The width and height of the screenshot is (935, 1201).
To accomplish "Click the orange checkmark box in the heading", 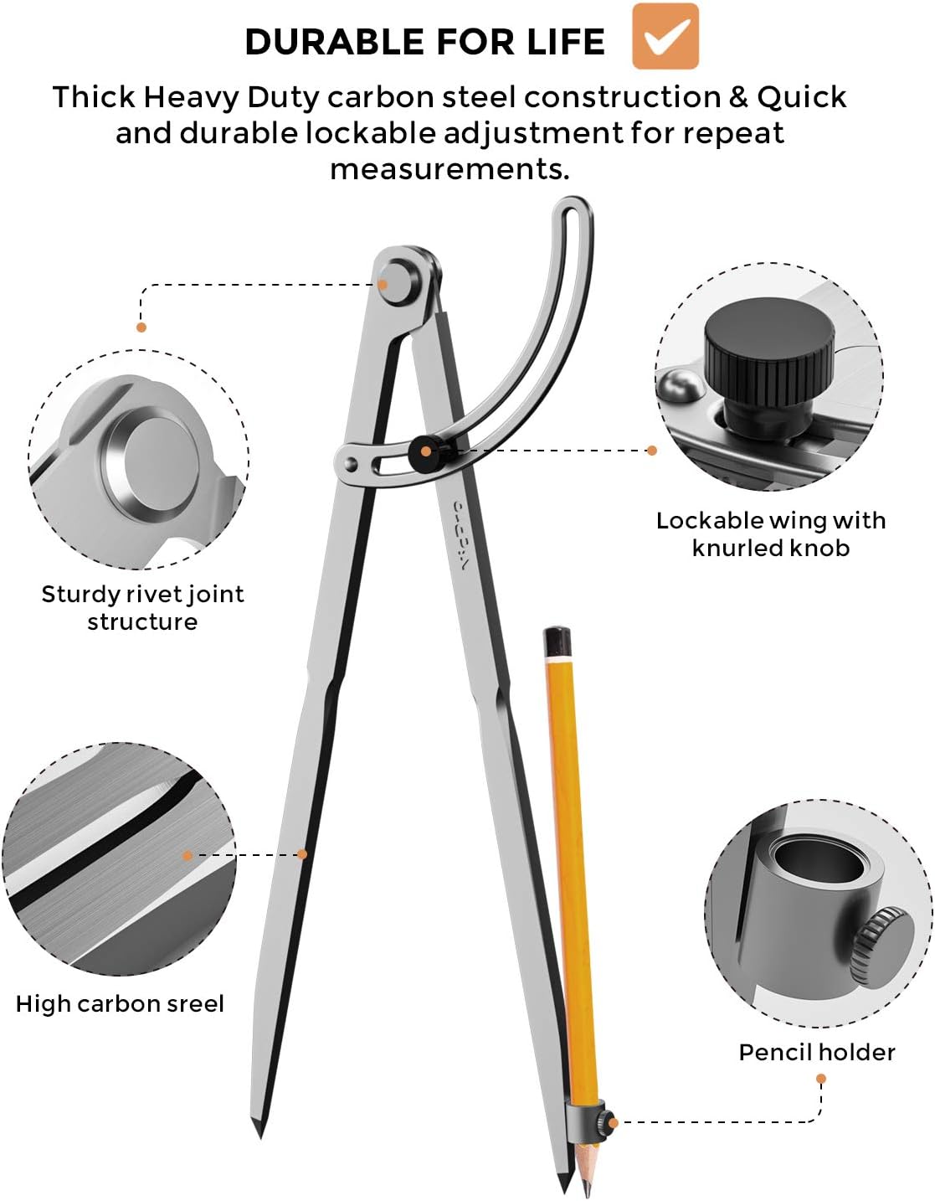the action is tap(665, 36).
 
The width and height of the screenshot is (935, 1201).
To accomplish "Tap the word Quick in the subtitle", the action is tap(802, 97).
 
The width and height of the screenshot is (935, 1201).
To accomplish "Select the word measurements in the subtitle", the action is tap(450, 169).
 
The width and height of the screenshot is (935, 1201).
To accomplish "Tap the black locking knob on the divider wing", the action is tap(426, 452).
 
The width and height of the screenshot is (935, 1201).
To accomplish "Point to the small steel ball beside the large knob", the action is tap(681, 384).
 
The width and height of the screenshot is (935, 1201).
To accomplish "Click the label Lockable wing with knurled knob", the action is tap(771, 533).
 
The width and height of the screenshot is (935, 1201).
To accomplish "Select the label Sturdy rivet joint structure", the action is tap(142, 608).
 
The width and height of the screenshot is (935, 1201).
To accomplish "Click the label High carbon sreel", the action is tap(120, 1003).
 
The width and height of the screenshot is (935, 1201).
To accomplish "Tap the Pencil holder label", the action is tap(817, 1052).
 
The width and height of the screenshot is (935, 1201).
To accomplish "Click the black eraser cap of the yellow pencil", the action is tap(557, 642).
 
